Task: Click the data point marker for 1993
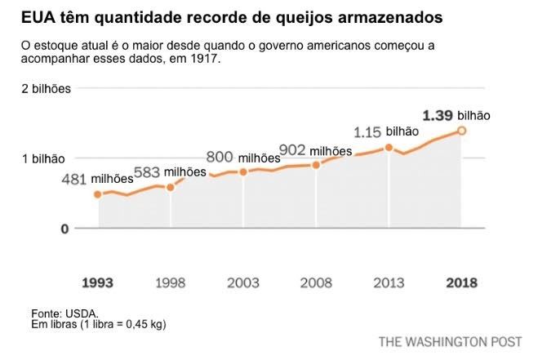coord(98,194)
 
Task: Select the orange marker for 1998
coord(171,187)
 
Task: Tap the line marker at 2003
coord(243,172)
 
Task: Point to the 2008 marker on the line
coord(316,165)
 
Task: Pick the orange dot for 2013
coord(389,148)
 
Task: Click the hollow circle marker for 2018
coord(461,131)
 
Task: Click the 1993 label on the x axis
coord(98,283)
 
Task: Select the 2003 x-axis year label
coord(243,283)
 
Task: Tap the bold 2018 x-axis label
coord(461,283)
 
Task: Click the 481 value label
coord(73,180)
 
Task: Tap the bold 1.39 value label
coord(437,115)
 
